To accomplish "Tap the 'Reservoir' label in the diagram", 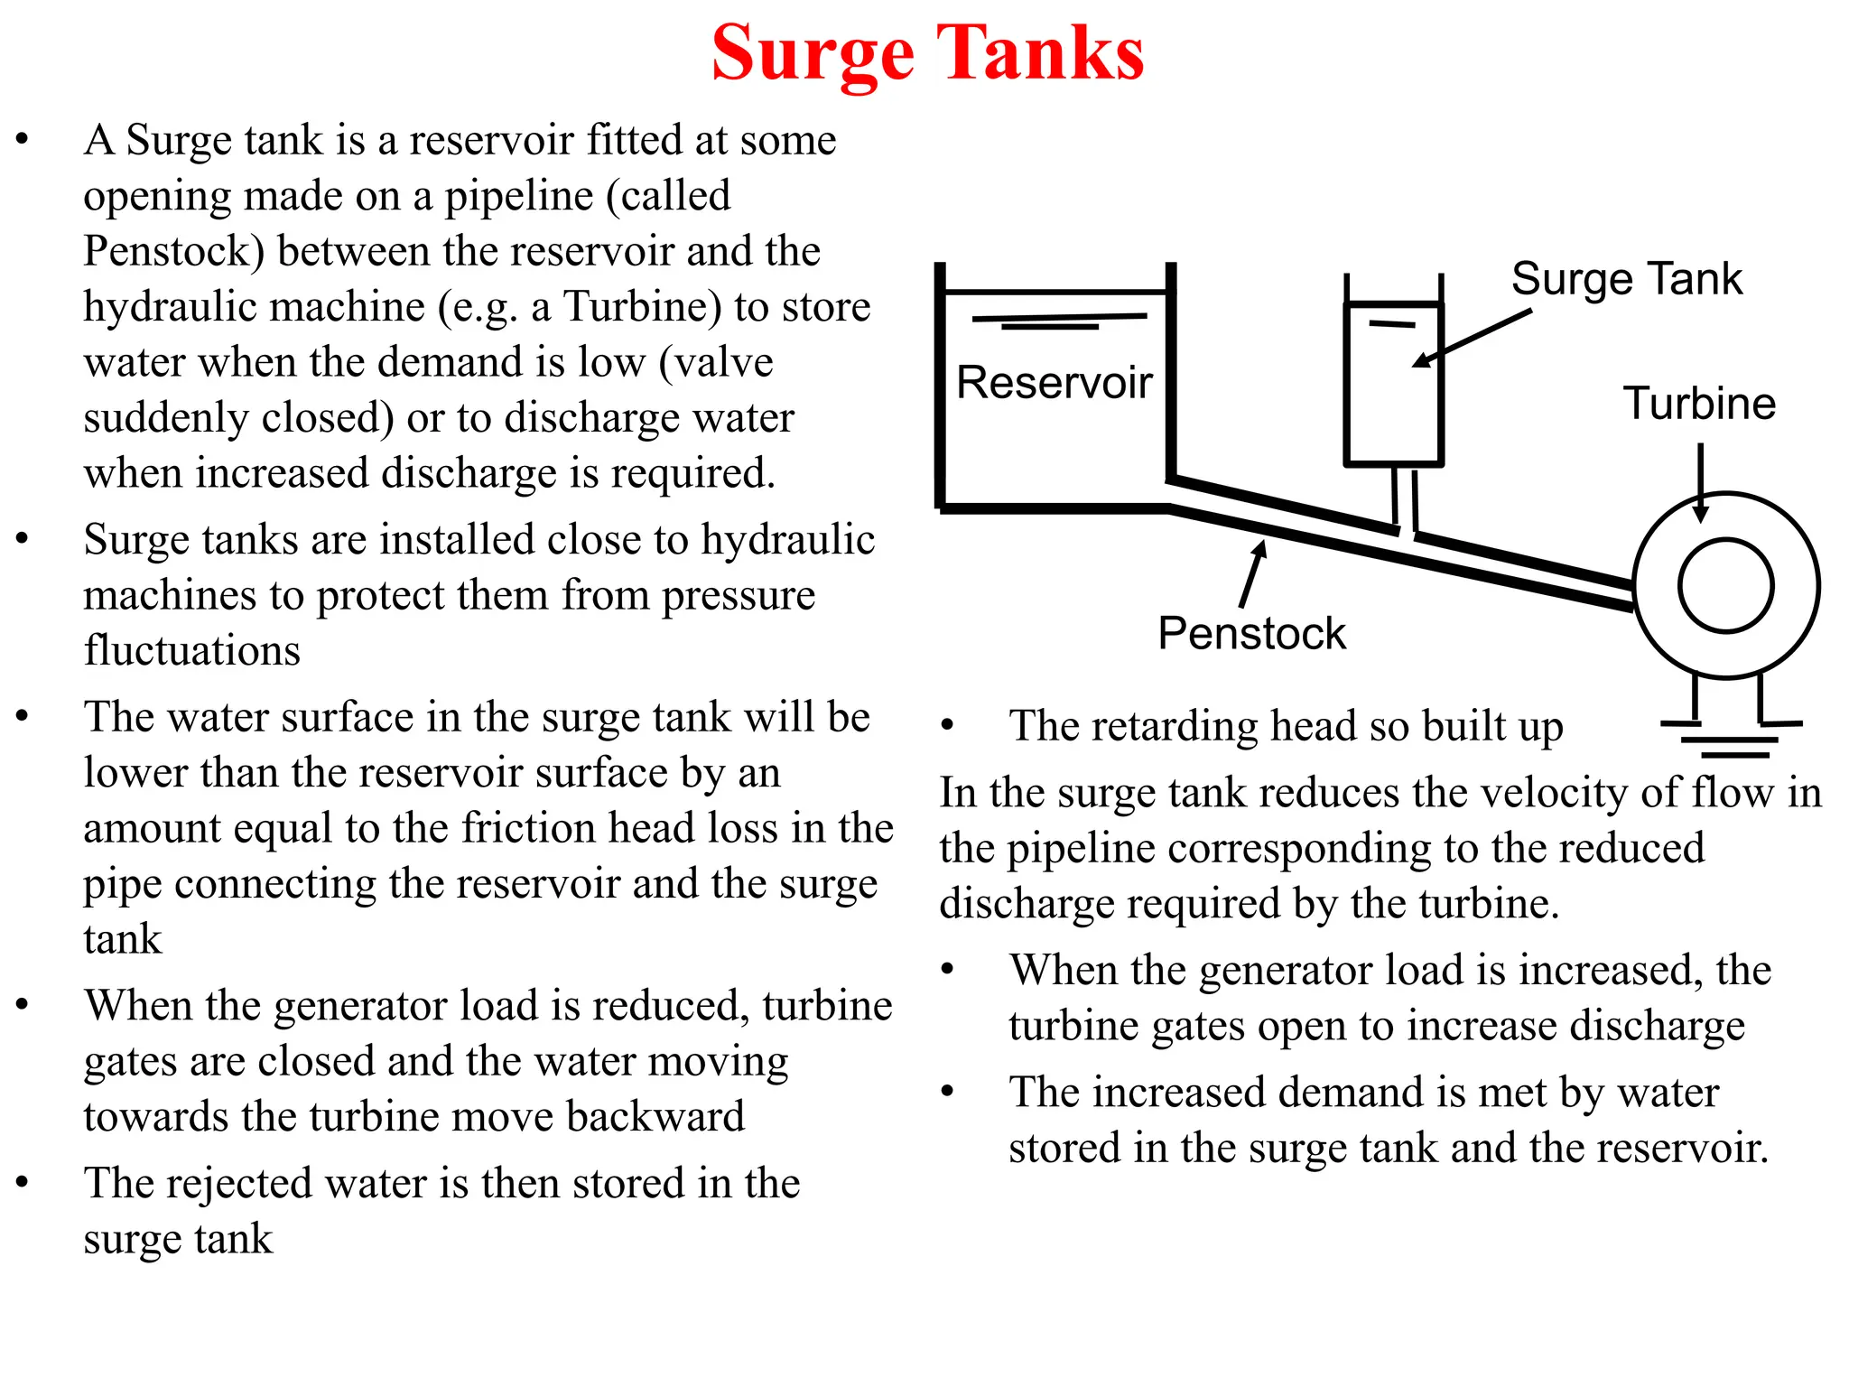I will pos(1054,382).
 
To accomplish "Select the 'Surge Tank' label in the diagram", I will pos(1626,278).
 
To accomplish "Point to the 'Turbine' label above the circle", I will pos(1699,403).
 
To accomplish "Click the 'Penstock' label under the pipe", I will pos(1251,633).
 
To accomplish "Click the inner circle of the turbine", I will pos(1725,586).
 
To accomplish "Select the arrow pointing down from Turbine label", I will pos(1701,482).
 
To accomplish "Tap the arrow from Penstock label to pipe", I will pos(1253,572).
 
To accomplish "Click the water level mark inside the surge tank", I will pos(1391,323).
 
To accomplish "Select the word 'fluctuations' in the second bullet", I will pos(192,650).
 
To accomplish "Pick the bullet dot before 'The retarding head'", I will pos(947,725).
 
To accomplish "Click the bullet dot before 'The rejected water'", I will pos(23,1182).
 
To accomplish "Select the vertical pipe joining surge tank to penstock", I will pos(1405,498).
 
